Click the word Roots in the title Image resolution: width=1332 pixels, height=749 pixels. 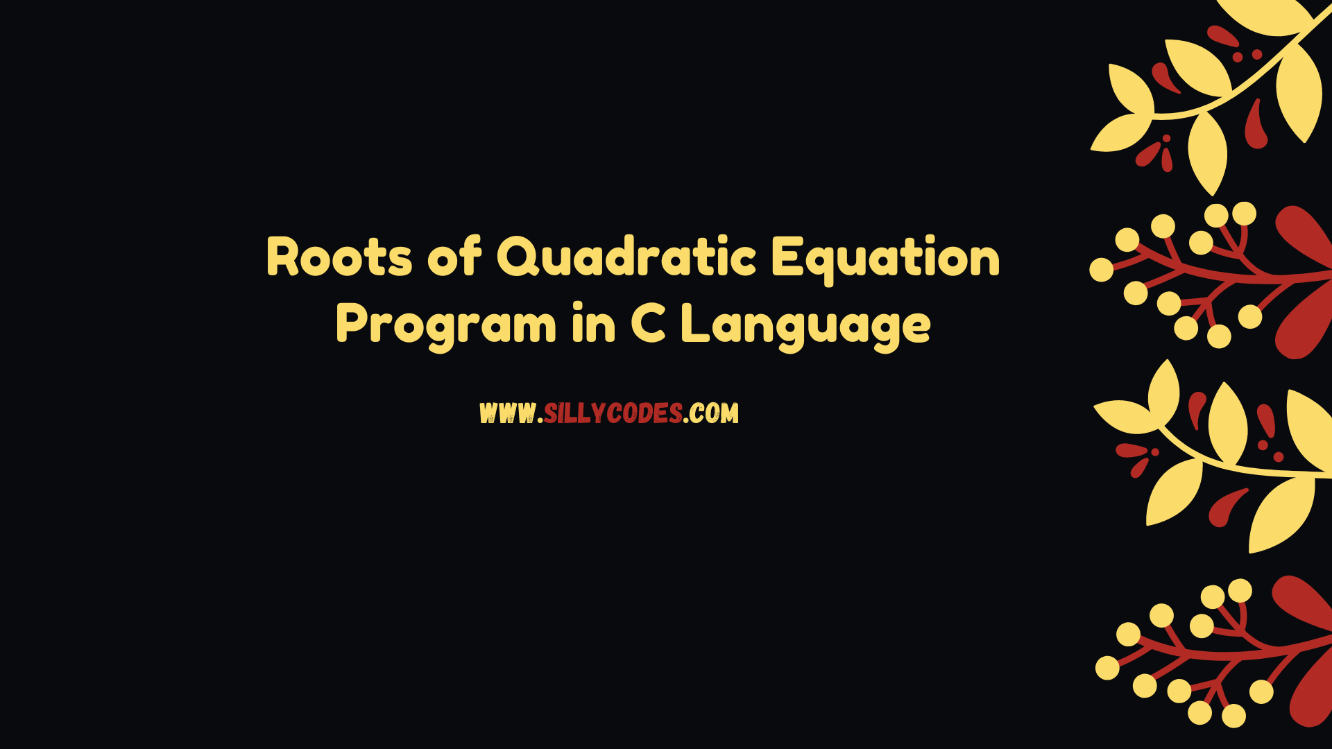(339, 257)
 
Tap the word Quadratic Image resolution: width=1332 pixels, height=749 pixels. (626, 257)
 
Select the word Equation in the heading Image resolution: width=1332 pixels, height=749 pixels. (886, 259)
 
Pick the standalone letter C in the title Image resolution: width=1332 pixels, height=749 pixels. (649, 323)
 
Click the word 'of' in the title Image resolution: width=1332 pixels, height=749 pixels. (454, 256)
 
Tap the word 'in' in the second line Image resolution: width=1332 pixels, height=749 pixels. (594, 323)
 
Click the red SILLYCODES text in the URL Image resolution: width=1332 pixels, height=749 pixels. (613, 413)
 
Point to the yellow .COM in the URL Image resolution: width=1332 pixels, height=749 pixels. (712, 413)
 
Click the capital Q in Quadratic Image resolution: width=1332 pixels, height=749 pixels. (518, 257)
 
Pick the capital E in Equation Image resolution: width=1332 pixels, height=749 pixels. (787, 257)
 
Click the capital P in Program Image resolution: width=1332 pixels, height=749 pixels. (352, 324)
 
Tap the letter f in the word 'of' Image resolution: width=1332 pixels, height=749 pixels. (472, 256)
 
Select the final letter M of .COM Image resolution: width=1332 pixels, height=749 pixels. (729, 413)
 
